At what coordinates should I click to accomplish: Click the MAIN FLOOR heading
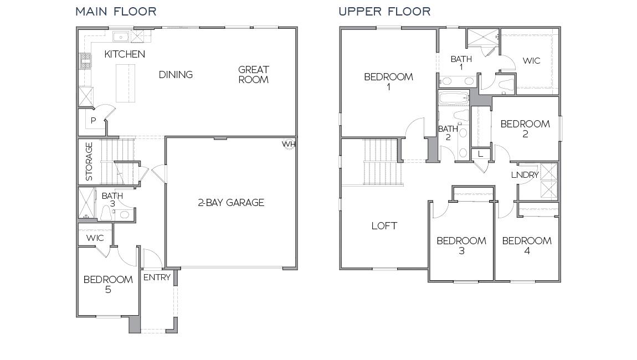(x=116, y=11)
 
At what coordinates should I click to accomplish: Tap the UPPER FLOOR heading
(x=384, y=11)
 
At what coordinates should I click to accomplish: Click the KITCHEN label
(x=125, y=54)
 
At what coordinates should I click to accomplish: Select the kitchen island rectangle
(x=125, y=83)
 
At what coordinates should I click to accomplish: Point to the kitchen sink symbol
(x=121, y=37)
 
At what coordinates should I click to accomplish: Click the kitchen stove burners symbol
(x=85, y=61)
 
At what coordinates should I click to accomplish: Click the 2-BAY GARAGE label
(x=231, y=203)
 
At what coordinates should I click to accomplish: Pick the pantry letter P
(x=94, y=121)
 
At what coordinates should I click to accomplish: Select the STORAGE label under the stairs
(x=89, y=162)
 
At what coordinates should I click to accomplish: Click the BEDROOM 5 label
(x=108, y=284)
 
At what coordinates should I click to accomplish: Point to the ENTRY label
(x=157, y=277)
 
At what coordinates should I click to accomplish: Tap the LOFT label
(x=384, y=226)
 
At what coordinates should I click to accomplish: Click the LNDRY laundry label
(x=525, y=175)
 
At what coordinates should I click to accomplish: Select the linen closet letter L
(x=480, y=154)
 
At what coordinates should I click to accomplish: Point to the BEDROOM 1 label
(x=388, y=81)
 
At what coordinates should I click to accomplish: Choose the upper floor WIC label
(x=531, y=61)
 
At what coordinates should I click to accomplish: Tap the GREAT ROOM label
(x=254, y=74)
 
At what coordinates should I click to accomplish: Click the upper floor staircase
(x=381, y=162)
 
